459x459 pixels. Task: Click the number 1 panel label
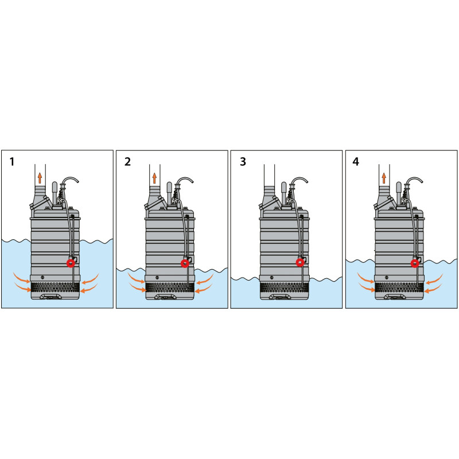[12, 162]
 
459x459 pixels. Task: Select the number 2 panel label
[127, 162]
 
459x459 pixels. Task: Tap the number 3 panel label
[243, 162]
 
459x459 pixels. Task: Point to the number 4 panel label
[356, 162]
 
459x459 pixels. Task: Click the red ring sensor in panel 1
[71, 263]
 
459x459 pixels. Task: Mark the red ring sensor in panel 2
[185, 263]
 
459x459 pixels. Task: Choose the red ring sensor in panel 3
[300, 263]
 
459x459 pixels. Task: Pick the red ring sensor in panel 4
[415, 263]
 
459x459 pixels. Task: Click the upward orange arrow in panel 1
[40, 178]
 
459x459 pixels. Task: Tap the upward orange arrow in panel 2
[154, 178]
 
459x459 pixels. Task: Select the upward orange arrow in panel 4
[384, 178]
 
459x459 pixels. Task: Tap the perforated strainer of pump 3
[284, 288]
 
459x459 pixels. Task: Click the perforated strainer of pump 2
[169, 288]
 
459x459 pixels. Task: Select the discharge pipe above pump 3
[269, 175]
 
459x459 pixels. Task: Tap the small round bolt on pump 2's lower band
[157, 277]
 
